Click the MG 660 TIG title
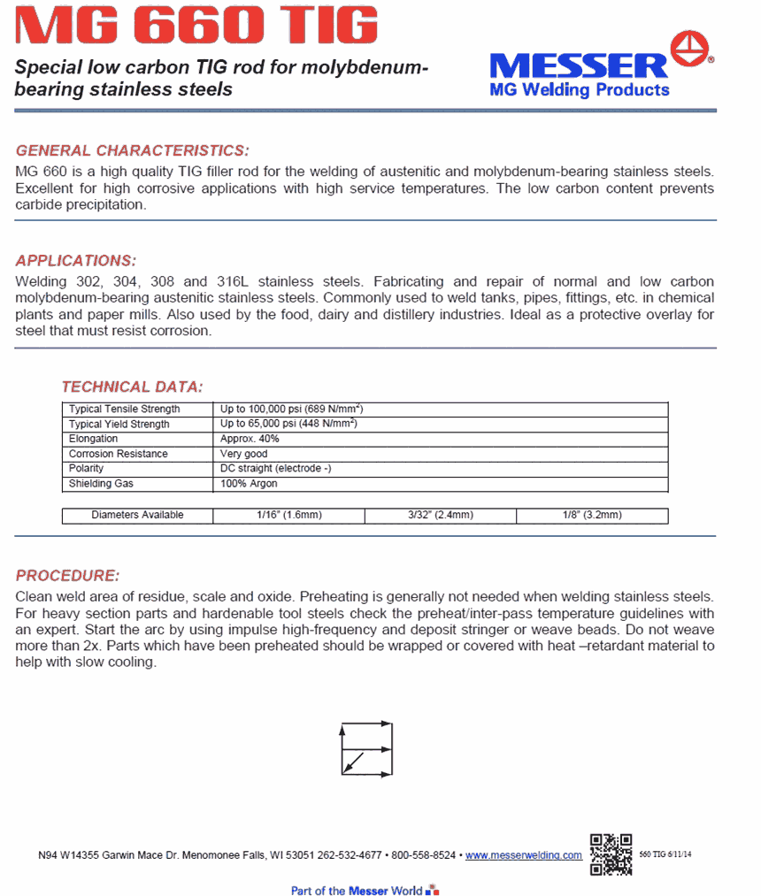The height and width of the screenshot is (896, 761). click(x=197, y=27)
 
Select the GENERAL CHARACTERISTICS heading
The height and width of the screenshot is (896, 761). click(x=133, y=150)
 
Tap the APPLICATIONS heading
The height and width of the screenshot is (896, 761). click(x=76, y=261)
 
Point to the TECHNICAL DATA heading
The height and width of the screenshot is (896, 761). click(x=132, y=387)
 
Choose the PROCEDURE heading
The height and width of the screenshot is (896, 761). click(x=67, y=576)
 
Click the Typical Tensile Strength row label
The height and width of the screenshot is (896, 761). click(x=125, y=410)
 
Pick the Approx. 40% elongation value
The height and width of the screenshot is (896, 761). click(x=250, y=439)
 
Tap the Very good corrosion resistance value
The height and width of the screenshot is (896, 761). click(x=243, y=454)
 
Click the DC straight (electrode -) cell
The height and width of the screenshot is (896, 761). click(x=275, y=469)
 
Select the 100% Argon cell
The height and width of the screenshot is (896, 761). click(x=249, y=484)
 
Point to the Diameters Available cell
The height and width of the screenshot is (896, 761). click(x=137, y=516)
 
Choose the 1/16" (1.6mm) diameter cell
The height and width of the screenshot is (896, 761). click(x=288, y=516)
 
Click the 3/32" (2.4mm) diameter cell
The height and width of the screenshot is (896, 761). click(x=441, y=516)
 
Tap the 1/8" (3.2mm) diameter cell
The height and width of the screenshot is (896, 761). click(x=592, y=516)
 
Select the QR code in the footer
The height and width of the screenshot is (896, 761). click(x=611, y=854)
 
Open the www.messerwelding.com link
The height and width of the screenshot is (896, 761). click(x=524, y=856)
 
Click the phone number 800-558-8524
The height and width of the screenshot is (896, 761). click(x=424, y=856)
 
